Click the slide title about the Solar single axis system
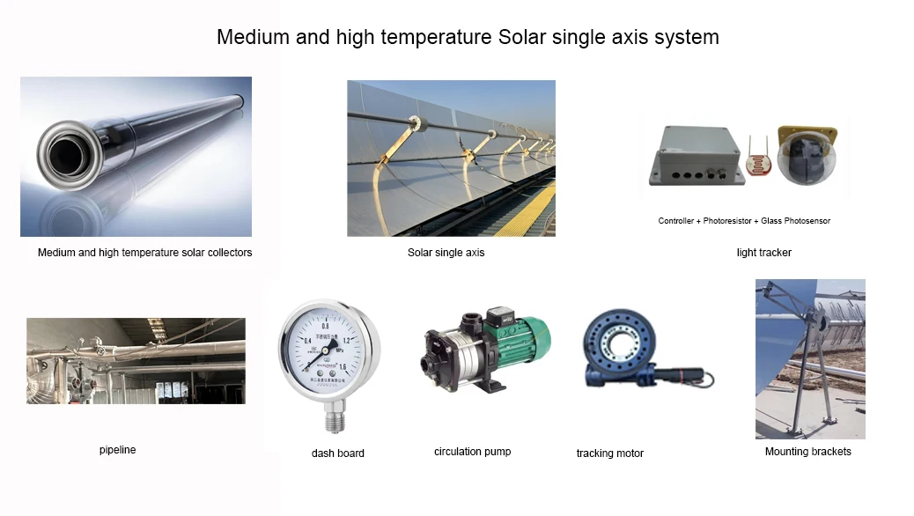click(x=468, y=37)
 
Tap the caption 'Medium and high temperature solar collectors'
click(x=144, y=253)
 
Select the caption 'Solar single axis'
click(x=446, y=253)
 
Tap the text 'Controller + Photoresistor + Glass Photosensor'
click(x=744, y=221)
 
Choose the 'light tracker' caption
click(x=763, y=253)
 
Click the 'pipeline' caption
click(x=117, y=450)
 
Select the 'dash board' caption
click(x=337, y=453)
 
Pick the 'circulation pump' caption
click(x=472, y=452)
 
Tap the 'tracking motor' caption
click(x=609, y=453)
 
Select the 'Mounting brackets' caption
click(x=807, y=452)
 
